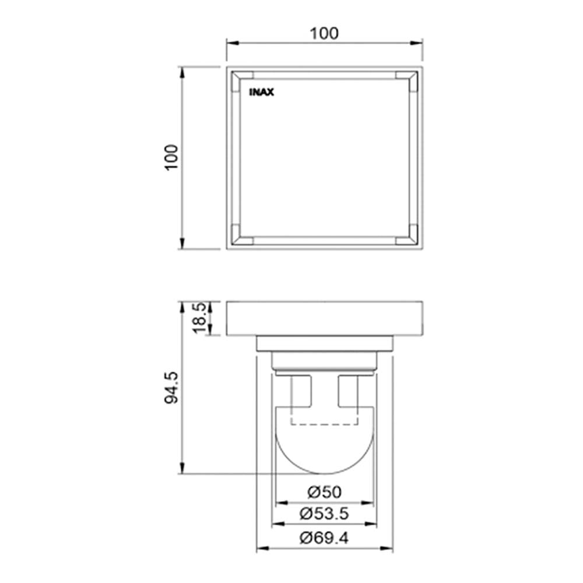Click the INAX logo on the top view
(261, 92)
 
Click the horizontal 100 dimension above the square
(324, 33)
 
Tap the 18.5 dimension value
(199, 318)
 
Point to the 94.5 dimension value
(171, 387)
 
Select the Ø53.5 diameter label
(324, 514)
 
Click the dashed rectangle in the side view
(324, 417)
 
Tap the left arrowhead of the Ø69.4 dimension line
(261, 549)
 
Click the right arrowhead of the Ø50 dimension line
(371, 502)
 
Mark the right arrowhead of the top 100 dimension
(419, 43)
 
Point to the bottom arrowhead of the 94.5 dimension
(182, 469)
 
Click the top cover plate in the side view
(324, 318)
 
